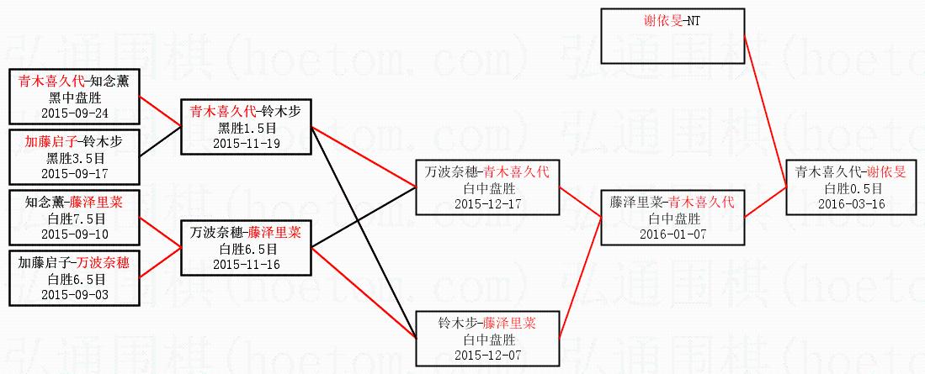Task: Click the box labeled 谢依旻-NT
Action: (672, 20)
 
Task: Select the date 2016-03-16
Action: (852, 204)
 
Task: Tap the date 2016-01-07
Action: (672, 234)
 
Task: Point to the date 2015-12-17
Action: (488, 203)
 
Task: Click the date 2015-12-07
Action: (487, 355)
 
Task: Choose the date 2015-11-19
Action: (247, 142)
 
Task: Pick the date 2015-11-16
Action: (247, 264)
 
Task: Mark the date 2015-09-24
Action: (75, 113)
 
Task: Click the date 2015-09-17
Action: (75, 173)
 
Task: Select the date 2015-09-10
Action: (75, 234)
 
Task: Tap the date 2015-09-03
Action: (75, 294)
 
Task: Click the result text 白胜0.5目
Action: (852, 189)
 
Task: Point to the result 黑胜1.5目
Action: (247, 127)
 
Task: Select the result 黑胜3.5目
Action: (75, 158)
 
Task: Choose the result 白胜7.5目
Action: (75, 219)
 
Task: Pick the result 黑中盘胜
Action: (75, 97)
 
